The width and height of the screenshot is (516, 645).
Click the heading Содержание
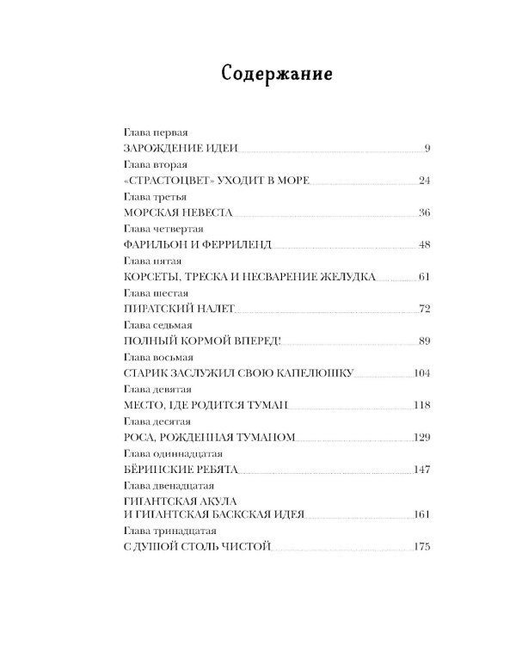pyautogui.click(x=276, y=72)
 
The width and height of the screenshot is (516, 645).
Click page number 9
pyautogui.click(x=427, y=149)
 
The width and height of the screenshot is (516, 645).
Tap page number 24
pyautogui.click(x=423, y=181)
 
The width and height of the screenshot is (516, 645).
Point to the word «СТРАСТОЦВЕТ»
pyautogui.click(x=163, y=181)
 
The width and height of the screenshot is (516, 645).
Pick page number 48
pyautogui.click(x=423, y=244)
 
